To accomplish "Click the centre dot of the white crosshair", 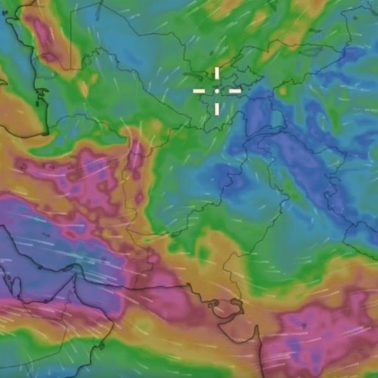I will point(217,91).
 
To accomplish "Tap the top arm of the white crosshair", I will point(217,74).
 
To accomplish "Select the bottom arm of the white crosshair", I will point(217,108).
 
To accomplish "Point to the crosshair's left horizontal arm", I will point(200,91).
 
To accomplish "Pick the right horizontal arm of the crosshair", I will point(234,91).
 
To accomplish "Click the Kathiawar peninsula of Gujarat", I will point(229,324).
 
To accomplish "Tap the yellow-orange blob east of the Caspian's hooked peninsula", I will point(85,89).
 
